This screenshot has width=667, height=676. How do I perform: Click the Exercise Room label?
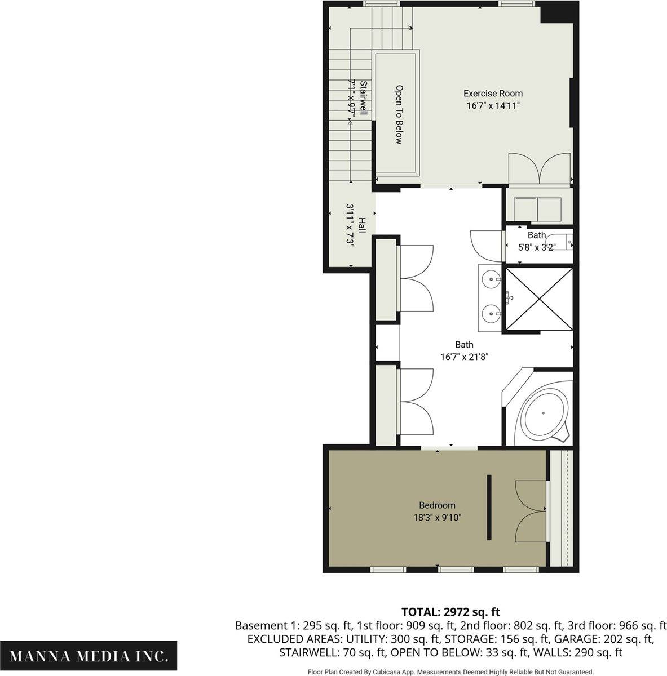(x=493, y=94)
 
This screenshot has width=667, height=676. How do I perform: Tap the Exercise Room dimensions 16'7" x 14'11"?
(x=493, y=105)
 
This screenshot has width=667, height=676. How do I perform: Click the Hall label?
(x=362, y=225)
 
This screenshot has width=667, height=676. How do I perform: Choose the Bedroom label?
(x=437, y=505)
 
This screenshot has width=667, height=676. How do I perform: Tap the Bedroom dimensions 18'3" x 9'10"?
(x=437, y=518)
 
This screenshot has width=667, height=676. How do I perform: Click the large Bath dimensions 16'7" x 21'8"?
(x=465, y=357)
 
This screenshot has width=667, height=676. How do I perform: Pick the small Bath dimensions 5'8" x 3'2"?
(x=536, y=247)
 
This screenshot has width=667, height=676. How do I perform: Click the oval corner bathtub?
(x=544, y=414)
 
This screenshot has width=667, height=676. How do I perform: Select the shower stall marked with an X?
(x=539, y=299)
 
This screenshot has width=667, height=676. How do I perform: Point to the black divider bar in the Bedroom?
(x=489, y=507)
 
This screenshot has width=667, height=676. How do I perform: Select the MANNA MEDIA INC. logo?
(x=88, y=656)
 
